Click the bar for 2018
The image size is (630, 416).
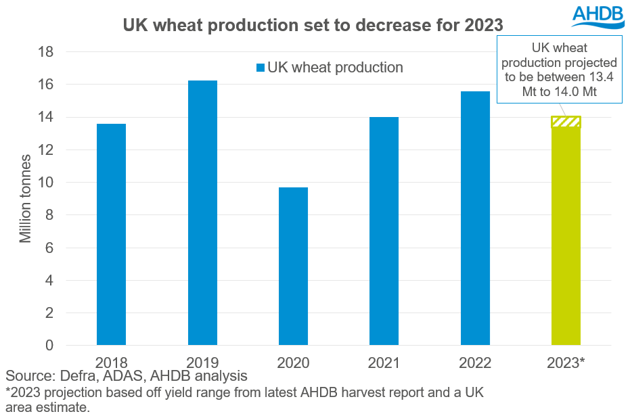coord(111,235)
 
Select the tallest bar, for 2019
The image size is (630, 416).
coord(202,213)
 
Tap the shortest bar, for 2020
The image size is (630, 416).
coord(293,267)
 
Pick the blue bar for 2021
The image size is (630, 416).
coord(384,231)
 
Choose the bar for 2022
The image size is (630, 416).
coord(475,218)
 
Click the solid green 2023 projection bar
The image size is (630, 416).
coord(566,237)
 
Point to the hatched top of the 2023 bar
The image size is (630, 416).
coord(566,122)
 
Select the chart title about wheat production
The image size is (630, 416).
coord(313,26)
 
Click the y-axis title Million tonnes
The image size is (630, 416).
coord(25,198)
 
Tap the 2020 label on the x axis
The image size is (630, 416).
coord(293,363)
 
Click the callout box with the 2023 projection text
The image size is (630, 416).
coord(560,70)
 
